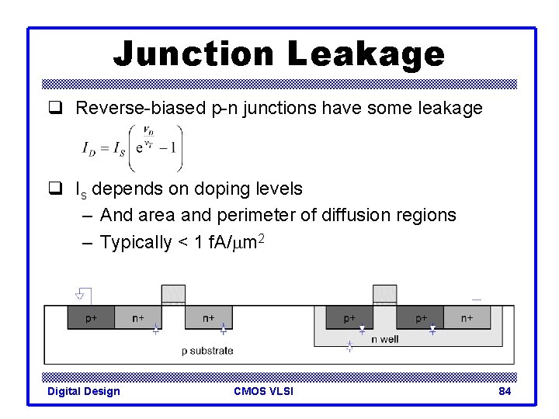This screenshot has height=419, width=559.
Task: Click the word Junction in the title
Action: [x=194, y=54]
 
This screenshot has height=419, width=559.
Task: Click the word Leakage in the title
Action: [x=366, y=54]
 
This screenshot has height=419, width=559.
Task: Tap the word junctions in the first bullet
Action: [x=281, y=109]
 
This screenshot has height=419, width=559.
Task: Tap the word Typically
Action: [x=136, y=242]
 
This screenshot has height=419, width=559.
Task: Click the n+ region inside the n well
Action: [x=467, y=317]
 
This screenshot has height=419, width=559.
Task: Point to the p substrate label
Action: [x=207, y=351]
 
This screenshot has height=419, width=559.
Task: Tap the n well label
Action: [x=385, y=339]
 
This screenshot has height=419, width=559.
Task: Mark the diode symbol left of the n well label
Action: [x=349, y=347]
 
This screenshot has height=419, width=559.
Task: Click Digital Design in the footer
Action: [x=84, y=391]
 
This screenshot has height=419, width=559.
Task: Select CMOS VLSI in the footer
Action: [x=263, y=391]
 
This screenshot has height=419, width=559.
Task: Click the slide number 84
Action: [x=505, y=391]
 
